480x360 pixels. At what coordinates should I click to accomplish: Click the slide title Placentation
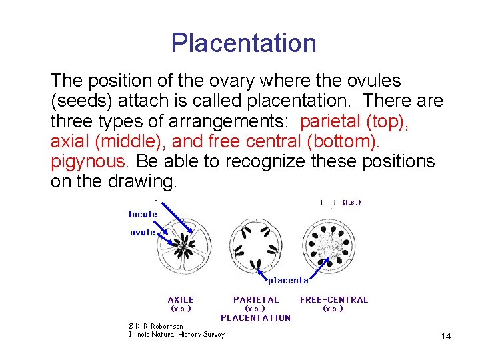pos(243,43)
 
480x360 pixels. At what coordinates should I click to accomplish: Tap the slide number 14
pos(446,337)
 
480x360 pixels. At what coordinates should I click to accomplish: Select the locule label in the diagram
pos(143,215)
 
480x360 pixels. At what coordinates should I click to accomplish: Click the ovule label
pos(142,233)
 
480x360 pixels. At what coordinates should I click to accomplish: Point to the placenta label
pos(288,280)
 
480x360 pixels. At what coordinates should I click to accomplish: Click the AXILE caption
pos(181,300)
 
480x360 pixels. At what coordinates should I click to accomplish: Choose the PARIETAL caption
pos(256,300)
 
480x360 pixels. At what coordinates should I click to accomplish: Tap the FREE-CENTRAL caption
pos(333,300)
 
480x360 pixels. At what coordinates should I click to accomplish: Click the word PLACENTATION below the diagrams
pos(255,317)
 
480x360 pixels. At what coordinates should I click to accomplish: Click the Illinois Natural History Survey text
pos(176,334)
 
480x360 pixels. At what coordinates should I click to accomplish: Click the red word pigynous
pos(91,161)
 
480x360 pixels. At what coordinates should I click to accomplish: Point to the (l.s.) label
pos(351,202)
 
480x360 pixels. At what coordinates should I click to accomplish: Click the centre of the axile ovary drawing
pos(183,248)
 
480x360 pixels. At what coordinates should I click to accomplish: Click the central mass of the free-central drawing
pos(328,245)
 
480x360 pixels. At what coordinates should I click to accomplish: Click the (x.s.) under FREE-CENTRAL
pos(333,309)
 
